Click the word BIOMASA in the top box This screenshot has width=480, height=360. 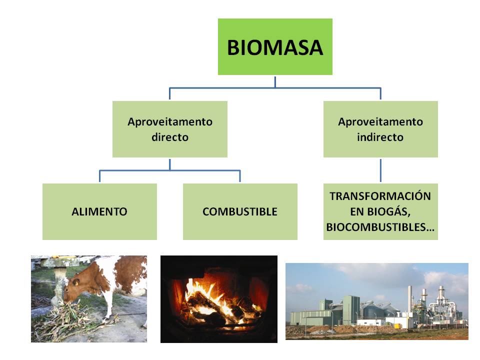pyautogui.click(x=274, y=47)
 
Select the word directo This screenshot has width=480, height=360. pyautogui.click(x=169, y=137)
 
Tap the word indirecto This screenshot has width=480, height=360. pyautogui.click(x=380, y=137)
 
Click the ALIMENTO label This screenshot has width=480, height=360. pyautogui.click(x=99, y=211)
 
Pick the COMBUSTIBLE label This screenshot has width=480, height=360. pyautogui.click(x=239, y=211)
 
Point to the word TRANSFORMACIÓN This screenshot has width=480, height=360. pyautogui.click(x=380, y=195)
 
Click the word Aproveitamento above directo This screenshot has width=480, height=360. pyautogui.click(x=169, y=121)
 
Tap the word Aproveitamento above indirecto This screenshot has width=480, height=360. pyautogui.click(x=380, y=121)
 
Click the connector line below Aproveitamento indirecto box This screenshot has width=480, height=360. pyautogui.click(x=380, y=170)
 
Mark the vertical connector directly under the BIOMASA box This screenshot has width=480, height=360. pyautogui.click(x=275, y=81)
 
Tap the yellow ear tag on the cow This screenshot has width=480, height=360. pyautogui.click(x=76, y=282)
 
